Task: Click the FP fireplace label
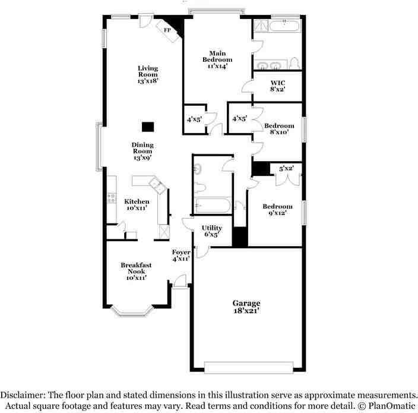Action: pos(167,30)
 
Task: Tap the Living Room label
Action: pos(148,71)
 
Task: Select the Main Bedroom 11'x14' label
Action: pos(217,60)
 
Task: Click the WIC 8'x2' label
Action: pos(278,86)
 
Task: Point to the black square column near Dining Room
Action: pos(148,127)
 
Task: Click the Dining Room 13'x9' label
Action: pos(142,152)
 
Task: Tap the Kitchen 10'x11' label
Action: pos(137,204)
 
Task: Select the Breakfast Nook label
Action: pos(136,268)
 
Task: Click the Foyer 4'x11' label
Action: pos(181,256)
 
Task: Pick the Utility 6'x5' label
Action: pos(211,231)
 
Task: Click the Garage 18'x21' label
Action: pos(246,307)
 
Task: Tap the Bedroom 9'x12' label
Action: pos(277,209)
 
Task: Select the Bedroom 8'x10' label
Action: pos(279,128)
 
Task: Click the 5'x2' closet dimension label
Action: pos(287,168)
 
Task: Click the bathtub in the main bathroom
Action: pos(285,26)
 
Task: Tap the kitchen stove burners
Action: pos(112,198)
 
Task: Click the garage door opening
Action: pos(249,367)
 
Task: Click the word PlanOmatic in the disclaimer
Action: pos(391,406)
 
